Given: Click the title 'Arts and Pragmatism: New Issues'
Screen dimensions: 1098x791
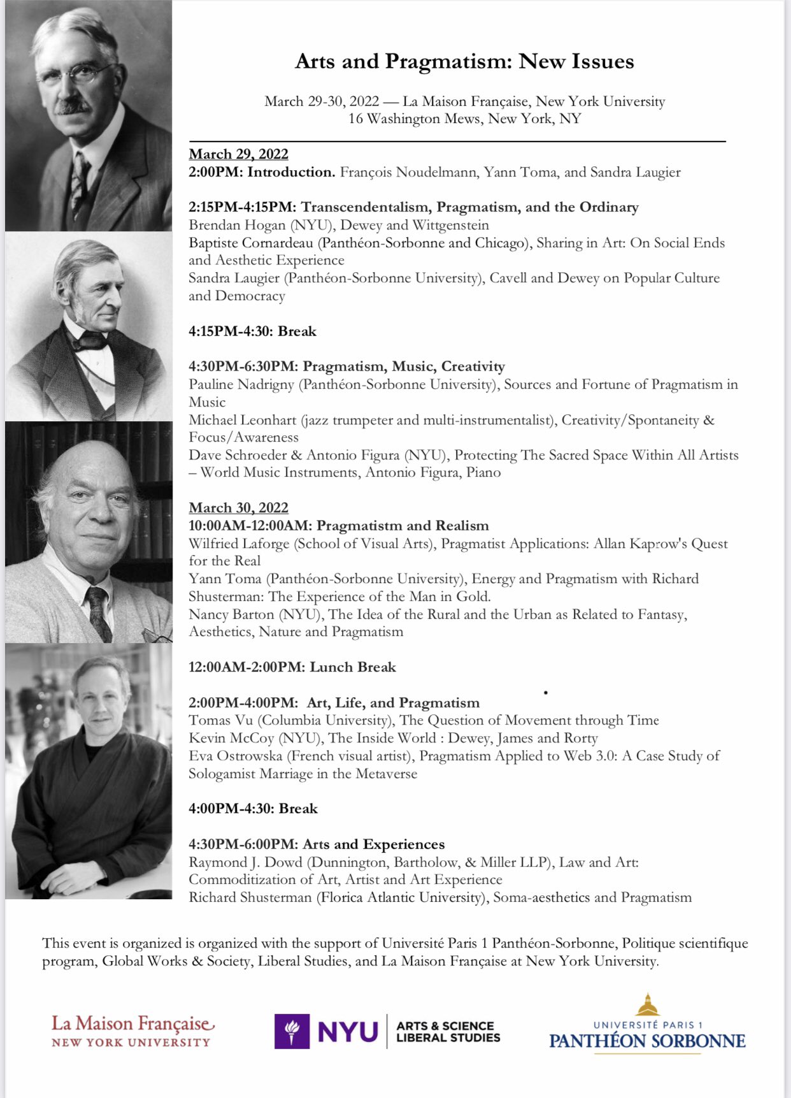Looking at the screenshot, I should tap(464, 61).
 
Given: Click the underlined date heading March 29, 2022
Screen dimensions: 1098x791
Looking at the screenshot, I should tap(238, 154).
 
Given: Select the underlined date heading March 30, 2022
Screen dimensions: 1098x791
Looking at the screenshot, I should tap(238, 508).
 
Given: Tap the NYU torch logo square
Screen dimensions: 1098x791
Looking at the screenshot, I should tap(292, 1031).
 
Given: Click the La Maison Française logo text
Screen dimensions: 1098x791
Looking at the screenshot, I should tap(132, 1024).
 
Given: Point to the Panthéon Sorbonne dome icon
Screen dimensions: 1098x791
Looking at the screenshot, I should tap(648, 1005).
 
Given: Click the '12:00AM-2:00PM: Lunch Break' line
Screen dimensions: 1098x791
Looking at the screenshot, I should tap(292, 667).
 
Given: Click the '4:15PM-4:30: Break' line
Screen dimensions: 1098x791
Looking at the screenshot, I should tap(252, 331).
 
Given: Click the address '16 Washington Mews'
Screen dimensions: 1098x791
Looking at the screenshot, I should tap(415, 119).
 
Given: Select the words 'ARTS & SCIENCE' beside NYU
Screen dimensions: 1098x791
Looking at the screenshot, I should tap(445, 1025).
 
